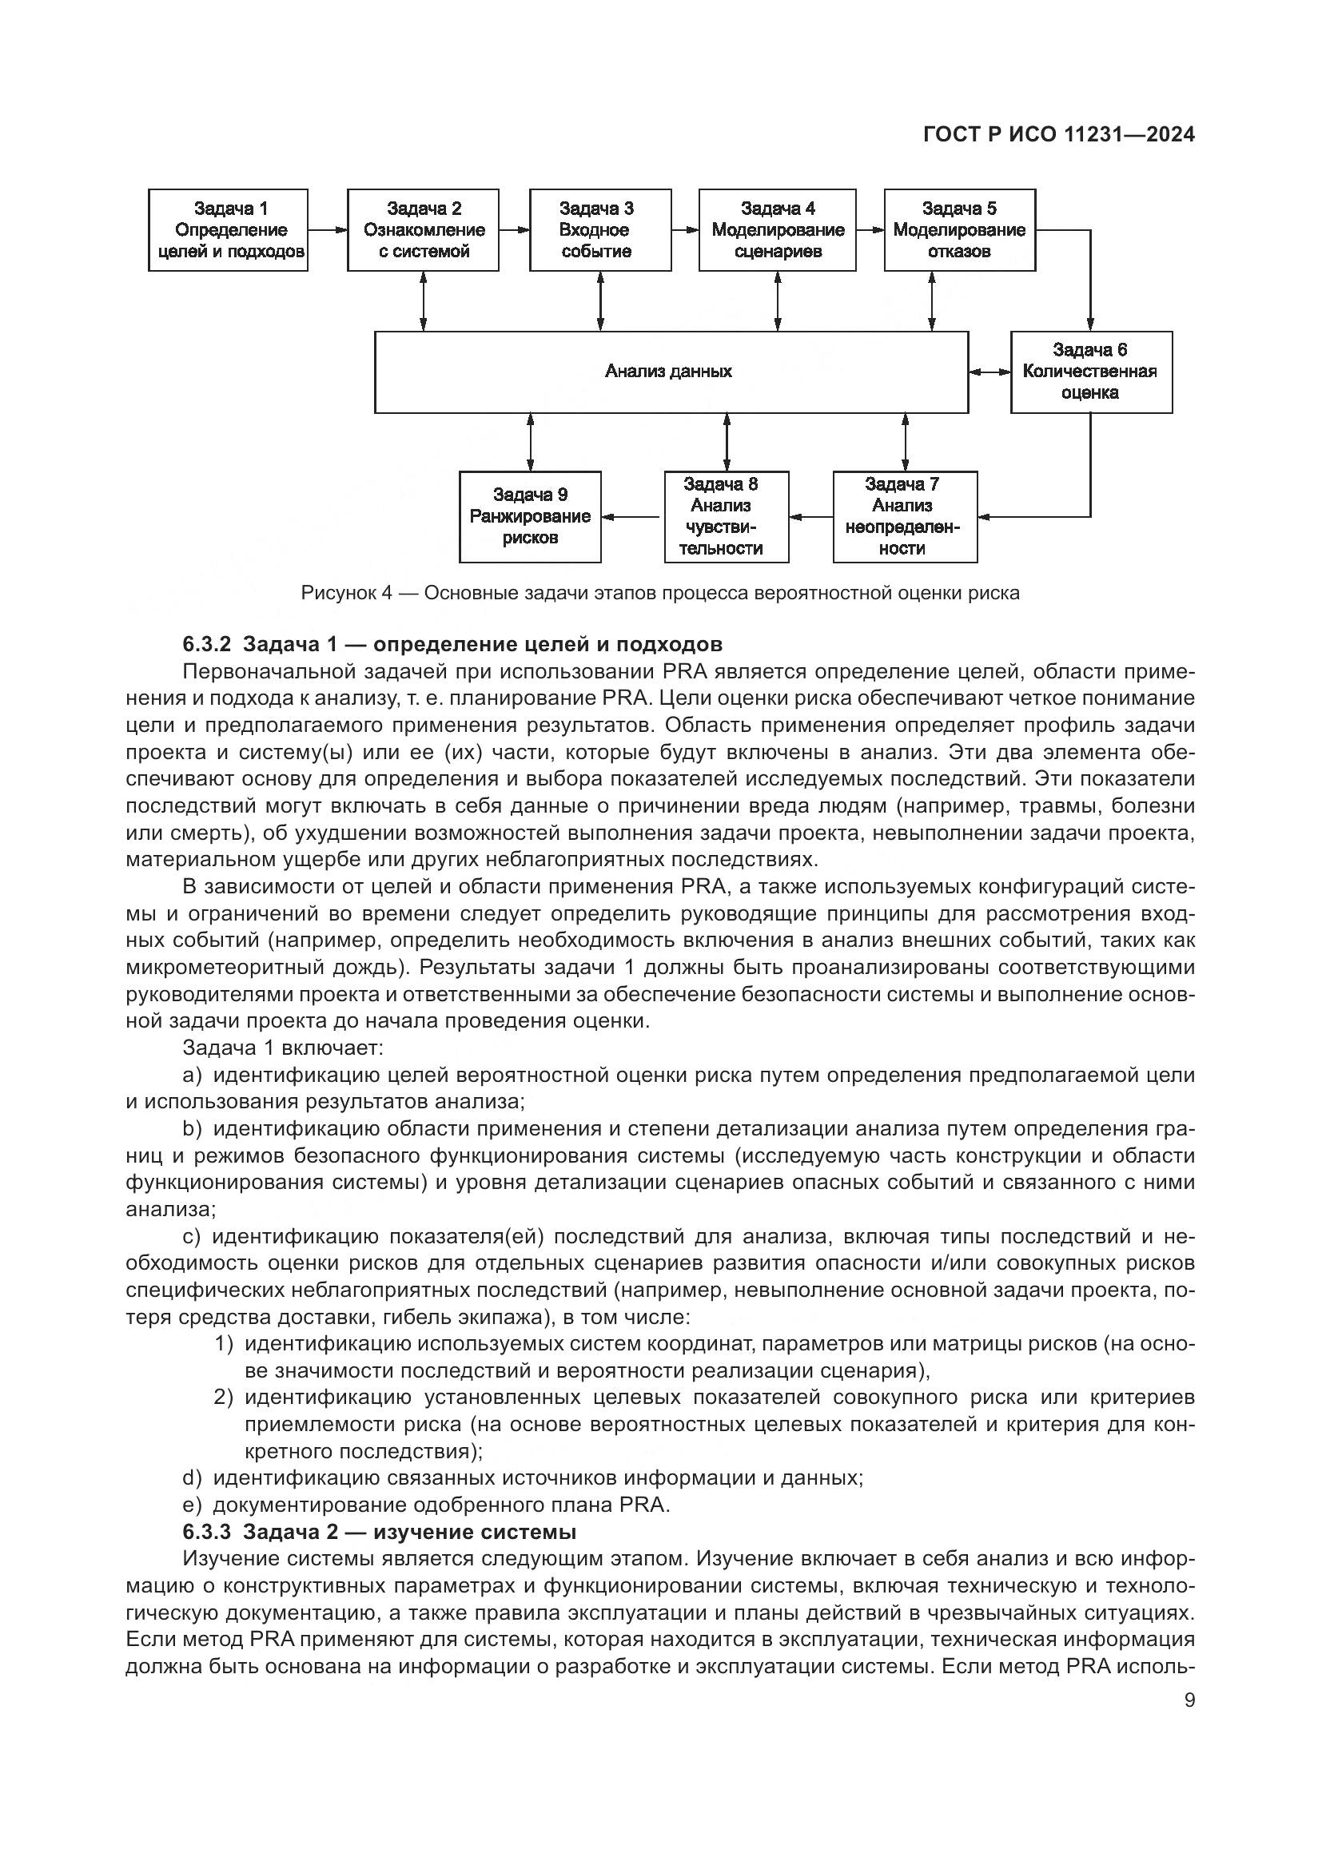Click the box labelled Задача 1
click(x=228, y=230)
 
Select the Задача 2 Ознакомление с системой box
click(x=424, y=230)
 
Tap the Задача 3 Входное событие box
click(x=600, y=230)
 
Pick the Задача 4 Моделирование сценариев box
click(x=778, y=230)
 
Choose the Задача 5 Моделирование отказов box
click(x=960, y=230)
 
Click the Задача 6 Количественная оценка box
click(x=1091, y=372)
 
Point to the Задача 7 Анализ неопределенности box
click(x=905, y=517)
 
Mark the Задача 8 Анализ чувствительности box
click(x=726, y=517)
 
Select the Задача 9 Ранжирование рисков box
click(x=530, y=517)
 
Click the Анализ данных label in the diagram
click(x=668, y=372)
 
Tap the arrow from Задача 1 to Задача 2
click(x=327, y=230)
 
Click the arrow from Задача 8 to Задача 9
click(x=632, y=516)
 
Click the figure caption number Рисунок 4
click(x=347, y=593)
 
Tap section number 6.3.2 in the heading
click(x=207, y=645)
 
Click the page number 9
click(x=1189, y=1700)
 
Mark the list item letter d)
click(x=191, y=1477)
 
